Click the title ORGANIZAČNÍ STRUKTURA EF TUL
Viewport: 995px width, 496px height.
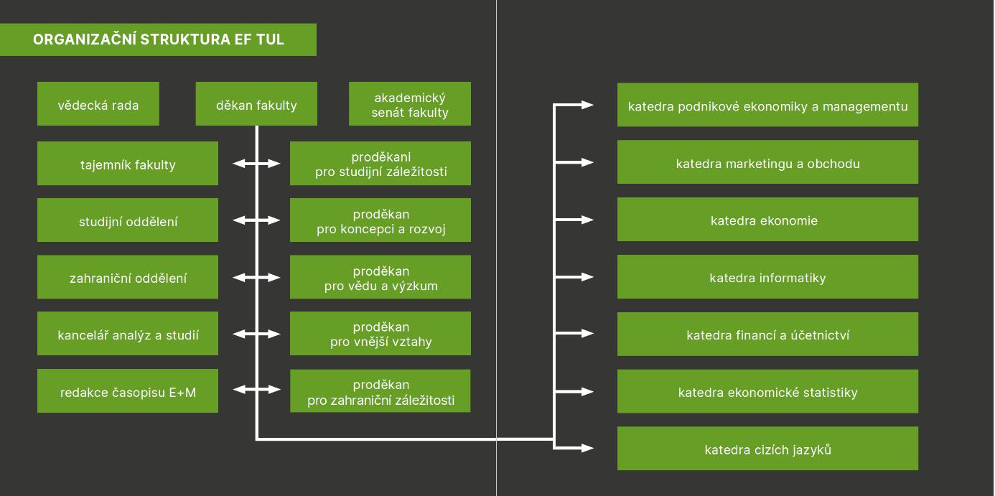pos(158,39)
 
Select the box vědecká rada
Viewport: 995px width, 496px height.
pos(98,104)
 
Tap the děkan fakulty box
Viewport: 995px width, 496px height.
pos(256,104)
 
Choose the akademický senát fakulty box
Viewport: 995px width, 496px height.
pos(410,104)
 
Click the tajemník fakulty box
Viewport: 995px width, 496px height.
pos(128,164)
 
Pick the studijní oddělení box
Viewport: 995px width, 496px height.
pos(128,220)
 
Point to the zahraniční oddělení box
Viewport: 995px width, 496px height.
pos(128,277)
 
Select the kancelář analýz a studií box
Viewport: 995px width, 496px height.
pos(128,334)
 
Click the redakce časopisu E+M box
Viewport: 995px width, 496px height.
pos(128,391)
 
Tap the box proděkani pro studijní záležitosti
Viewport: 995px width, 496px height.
pos(380,164)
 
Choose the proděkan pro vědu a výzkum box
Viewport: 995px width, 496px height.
pos(380,277)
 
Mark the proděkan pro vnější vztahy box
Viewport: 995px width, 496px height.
pos(380,334)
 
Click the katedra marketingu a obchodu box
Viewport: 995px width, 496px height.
pos(767,162)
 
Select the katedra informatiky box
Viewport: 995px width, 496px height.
pos(767,277)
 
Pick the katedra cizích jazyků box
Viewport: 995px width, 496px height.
pos(767,449)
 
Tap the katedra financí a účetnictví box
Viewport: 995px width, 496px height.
pos(767,334)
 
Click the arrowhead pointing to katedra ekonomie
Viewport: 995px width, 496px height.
pos(588,220)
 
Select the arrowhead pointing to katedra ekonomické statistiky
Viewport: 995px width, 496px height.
pos(588,392)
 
